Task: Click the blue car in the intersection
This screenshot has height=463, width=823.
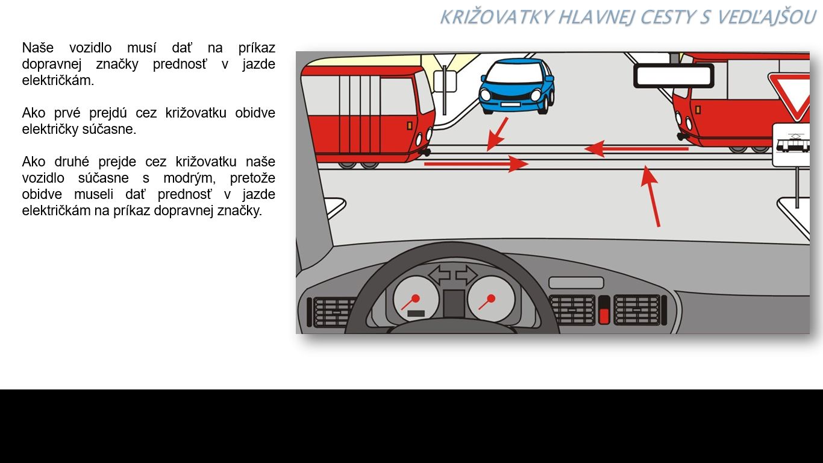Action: point(516,86)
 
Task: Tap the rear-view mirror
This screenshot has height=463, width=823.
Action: point(674,76)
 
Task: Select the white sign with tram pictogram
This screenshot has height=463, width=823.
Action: point(792,145)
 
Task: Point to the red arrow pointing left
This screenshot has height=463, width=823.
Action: point(636,148)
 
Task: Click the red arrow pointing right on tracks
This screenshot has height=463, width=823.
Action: point(476,163)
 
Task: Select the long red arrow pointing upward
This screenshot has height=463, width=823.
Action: point(650,197)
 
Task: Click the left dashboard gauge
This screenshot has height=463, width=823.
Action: point(416,298)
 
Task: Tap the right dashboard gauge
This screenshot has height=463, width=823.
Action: point(491,298)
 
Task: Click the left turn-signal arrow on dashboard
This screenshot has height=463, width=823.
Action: point(439,275)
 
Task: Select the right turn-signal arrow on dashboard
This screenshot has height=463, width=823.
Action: point(466,275)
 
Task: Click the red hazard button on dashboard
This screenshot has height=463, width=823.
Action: point(604,315)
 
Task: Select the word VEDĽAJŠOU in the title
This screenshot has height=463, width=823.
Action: point(766,17)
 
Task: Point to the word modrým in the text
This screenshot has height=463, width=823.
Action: point(189,178)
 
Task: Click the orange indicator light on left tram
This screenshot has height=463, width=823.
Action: point(409,126)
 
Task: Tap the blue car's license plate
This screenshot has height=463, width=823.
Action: point(510,104)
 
